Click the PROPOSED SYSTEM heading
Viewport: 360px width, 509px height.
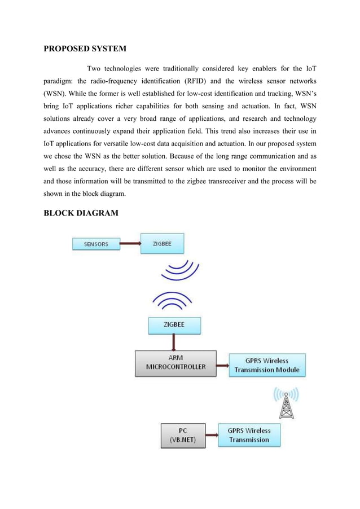tap(85, 48)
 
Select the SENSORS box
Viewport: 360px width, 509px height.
tap(96, 244)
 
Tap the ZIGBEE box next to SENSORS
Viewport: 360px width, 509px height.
tap(162, 244)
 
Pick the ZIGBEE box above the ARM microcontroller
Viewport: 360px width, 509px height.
tap(173, 326)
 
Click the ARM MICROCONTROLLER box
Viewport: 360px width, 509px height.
tap(175, 363)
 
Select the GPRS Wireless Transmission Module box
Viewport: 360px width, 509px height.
tap(267, 366)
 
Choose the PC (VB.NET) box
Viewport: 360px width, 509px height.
tap(183, 435)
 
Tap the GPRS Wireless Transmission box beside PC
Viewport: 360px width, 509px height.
tap(249, 435)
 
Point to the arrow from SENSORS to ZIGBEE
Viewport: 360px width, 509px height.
tap(130, 244)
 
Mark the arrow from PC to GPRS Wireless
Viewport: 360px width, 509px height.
tap(212, 435)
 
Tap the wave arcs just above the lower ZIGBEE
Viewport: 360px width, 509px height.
tap(173, 300)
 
